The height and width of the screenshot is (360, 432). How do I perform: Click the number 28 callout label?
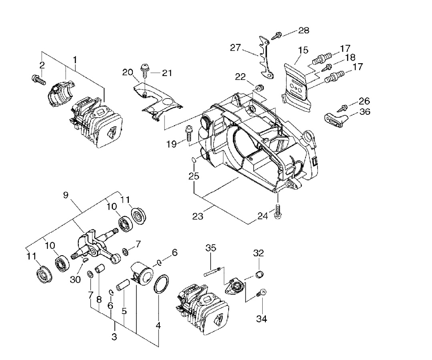click(303, 30)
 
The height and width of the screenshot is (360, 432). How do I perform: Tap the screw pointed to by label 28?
click(277, 35)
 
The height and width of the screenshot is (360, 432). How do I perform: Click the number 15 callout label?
click(303, 50)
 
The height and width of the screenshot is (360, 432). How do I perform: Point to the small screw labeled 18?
click(328, 66)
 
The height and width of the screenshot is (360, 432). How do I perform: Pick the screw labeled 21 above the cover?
click(145, 70)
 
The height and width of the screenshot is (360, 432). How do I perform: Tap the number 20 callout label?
click(128, 72)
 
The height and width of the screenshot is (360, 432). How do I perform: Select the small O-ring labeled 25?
click(194, 160)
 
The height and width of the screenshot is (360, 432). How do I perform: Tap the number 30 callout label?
click(75, 279)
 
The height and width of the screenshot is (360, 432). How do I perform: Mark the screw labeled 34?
click(261, 292)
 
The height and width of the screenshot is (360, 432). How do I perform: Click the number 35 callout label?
click(211, 248)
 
